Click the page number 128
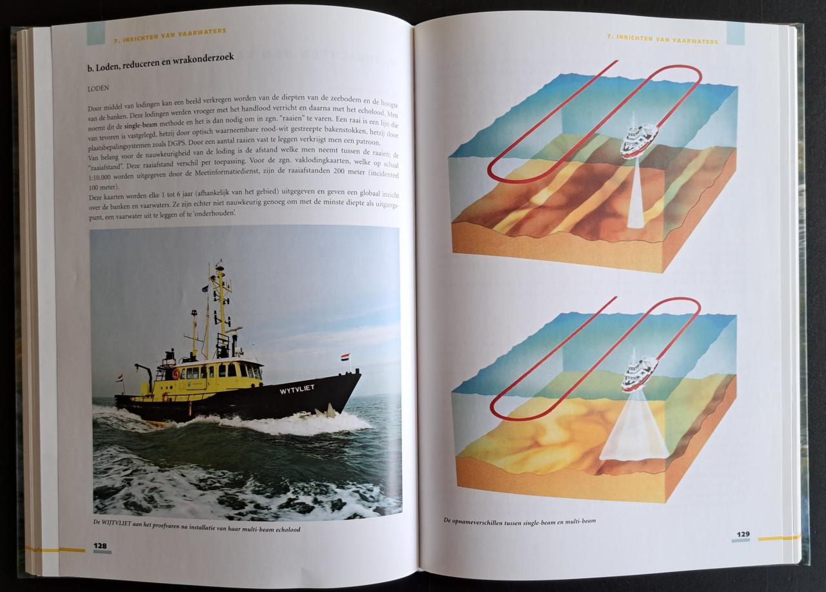tap(100, 546)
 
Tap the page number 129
tap(743, 534)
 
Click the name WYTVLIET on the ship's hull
tap(297, 389)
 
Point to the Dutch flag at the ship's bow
tap(345, 357)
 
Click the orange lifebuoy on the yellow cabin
tap(176, 374)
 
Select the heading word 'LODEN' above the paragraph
tap(98, 88)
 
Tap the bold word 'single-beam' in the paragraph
tap(141, 125)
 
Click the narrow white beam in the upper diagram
tap(636, 195)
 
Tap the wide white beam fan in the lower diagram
tap(634, 427)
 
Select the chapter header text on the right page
tap(663, 39)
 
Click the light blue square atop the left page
tap(96, 33)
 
